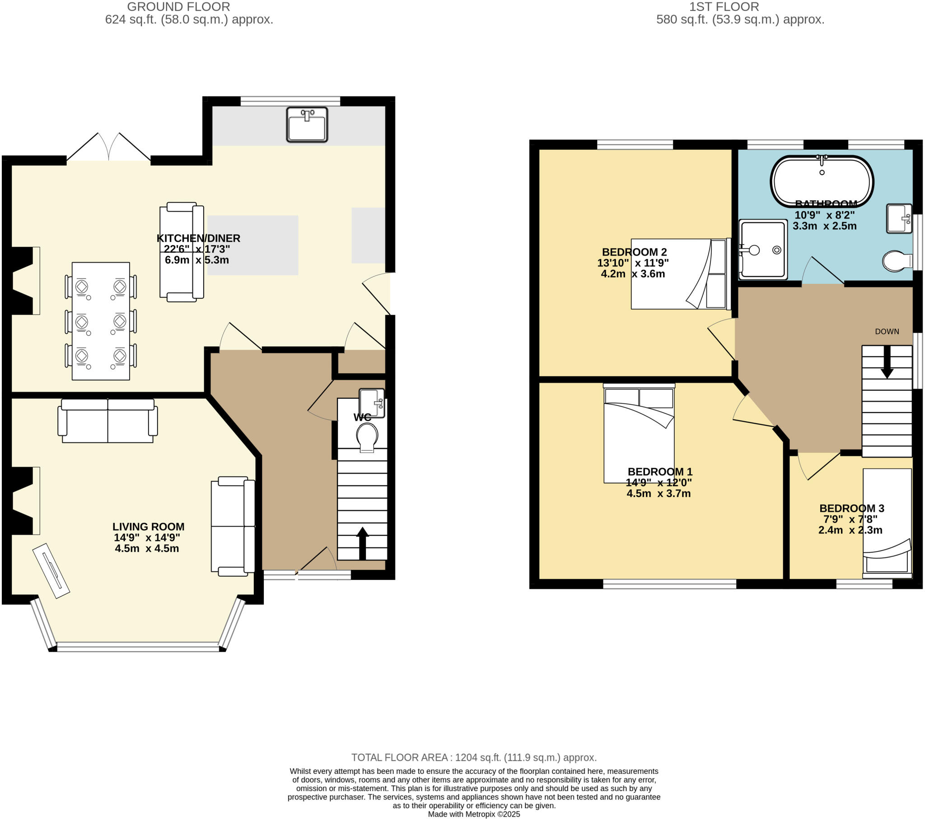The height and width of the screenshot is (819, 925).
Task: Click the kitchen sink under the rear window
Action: coord(307,125)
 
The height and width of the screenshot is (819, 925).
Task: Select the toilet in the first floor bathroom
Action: coord(897,261)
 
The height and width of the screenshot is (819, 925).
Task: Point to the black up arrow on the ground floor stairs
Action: coord(362,543)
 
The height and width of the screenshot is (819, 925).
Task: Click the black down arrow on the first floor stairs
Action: coord(887,362)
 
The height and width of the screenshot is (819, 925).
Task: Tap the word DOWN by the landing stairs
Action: coord(887,332)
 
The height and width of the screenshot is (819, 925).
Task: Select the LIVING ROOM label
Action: coord(149,527)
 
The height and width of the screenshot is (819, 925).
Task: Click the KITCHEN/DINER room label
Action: coord(198,238)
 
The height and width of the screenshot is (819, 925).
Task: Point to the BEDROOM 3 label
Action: coord(851,508)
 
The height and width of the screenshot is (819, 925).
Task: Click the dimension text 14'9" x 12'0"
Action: coord(659,482)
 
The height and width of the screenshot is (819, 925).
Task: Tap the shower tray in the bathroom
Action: coord(763,250)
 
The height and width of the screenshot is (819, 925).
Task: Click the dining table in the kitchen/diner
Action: coord(100,321)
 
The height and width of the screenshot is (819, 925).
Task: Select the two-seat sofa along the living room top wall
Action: coord(107,421)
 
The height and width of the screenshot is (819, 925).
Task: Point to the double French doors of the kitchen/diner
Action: coord(108,148)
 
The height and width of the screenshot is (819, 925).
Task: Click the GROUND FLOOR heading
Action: coord(178,7)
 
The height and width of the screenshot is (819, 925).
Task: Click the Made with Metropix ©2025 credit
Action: coord(474,814)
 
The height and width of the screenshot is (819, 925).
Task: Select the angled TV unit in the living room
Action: coord(51,570)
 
